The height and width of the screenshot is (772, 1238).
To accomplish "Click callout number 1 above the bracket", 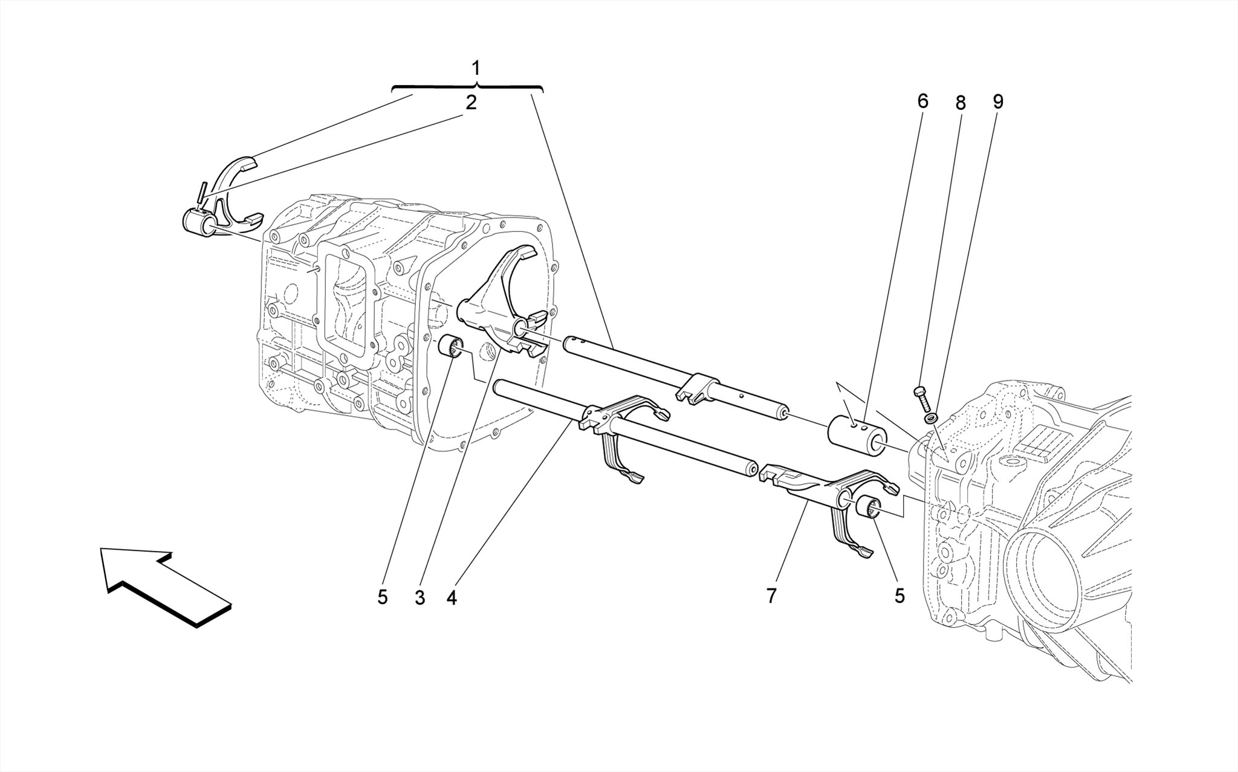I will pos(476,67).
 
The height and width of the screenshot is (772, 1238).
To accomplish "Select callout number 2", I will pos(471,103).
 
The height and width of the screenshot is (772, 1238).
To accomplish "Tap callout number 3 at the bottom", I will pos(420,598).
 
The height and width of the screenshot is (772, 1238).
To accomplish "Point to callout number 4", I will pos(452,598).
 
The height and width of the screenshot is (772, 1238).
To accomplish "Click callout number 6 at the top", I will pos(922,101).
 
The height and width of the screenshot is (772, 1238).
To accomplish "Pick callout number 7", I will pos(771,596).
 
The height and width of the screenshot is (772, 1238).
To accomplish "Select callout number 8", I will pos(960,103).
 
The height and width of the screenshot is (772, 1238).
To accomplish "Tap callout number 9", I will pos(997,101).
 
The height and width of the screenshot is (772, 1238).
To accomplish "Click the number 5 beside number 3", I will pos(382,597).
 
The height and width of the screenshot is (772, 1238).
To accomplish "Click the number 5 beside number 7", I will pos(899,596).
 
